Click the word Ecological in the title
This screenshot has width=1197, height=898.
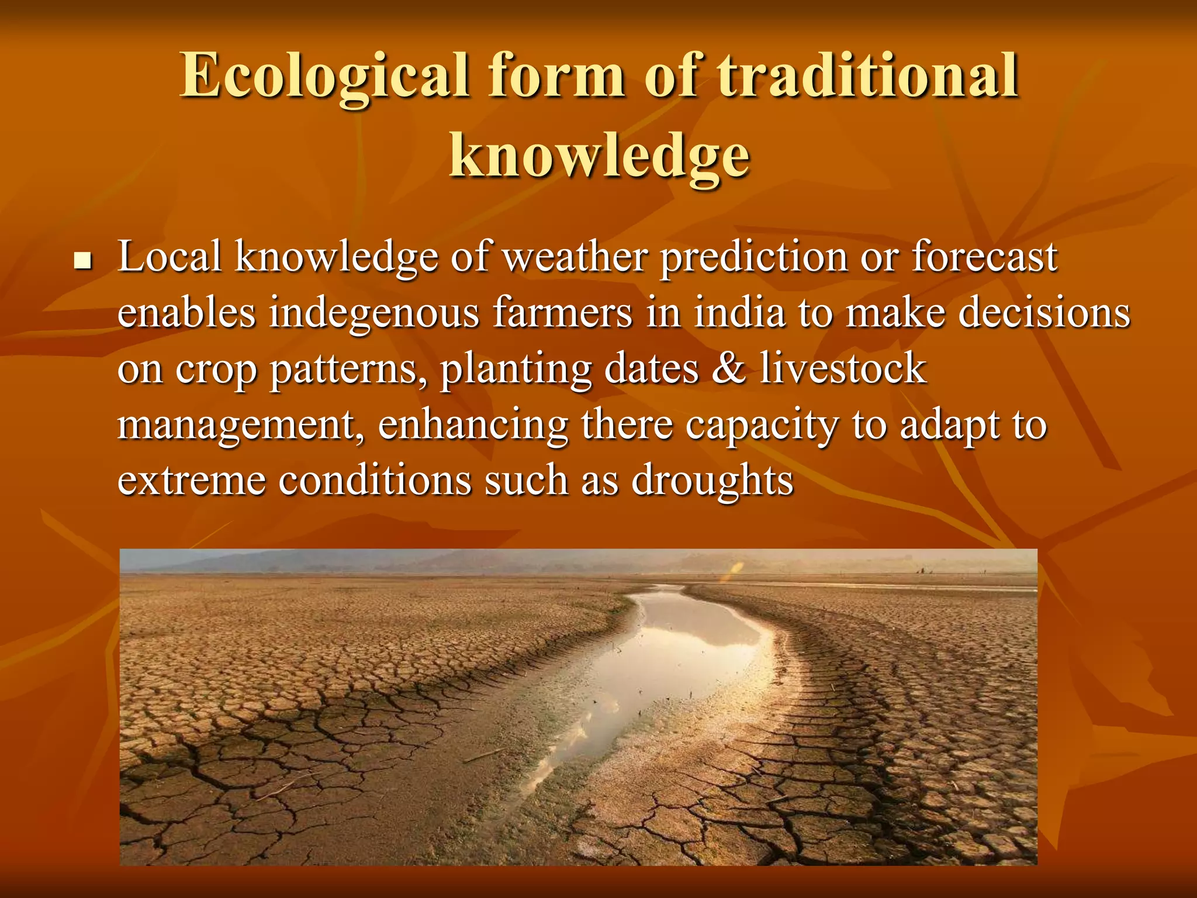325,76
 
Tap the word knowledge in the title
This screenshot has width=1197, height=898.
599,156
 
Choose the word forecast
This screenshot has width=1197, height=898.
984,257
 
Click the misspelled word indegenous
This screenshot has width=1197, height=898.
373,313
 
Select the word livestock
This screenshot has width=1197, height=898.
843,368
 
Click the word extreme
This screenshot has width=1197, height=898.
192,481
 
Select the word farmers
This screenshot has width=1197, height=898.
563,313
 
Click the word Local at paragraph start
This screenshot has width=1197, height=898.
169,257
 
